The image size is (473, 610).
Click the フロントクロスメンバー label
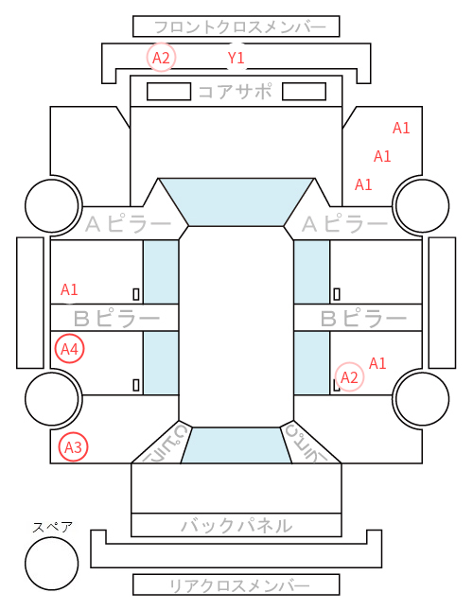tap(239, 27)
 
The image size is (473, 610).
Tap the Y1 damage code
tap(236, 58)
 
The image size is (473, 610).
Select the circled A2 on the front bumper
tap(161, 58)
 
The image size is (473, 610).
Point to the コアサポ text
tap(235, 92)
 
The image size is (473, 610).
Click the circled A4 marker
tap(70, 349)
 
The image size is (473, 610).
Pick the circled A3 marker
tap(73, 447)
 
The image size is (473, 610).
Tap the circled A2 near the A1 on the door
tap(349, 376)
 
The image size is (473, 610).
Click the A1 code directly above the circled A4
tap(69, 289)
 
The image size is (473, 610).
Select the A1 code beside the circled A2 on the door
tap(377, 363)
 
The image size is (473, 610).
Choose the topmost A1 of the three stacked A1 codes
tap(401, 128)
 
